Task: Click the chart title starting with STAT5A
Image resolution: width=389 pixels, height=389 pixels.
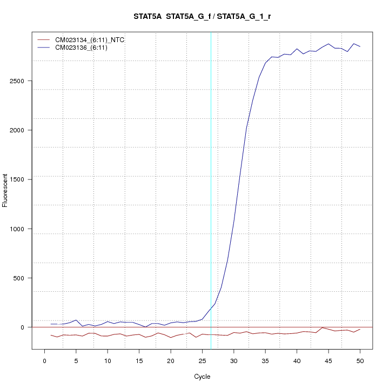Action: tap(202, 17)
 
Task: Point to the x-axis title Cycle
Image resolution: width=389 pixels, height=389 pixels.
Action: tap(202, 377)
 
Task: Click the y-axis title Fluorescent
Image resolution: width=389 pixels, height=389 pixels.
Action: tap(6, 190)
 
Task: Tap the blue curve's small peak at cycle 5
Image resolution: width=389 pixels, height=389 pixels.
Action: tap(76, 320)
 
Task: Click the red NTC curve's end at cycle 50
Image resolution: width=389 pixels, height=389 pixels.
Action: tap(360, 329)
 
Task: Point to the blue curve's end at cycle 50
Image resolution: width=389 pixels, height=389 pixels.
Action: tap(360, 46)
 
